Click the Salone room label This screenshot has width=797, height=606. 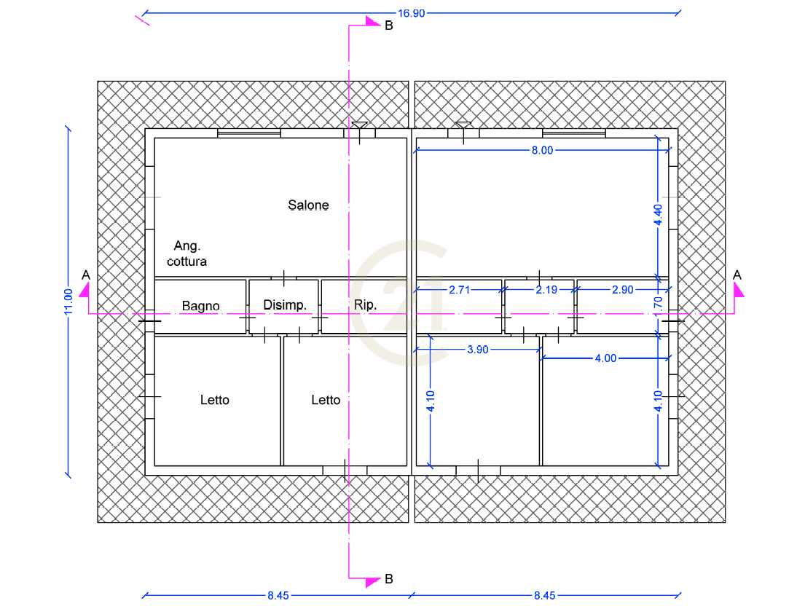tap(308, 205)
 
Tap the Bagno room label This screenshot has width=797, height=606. tap(201, 305)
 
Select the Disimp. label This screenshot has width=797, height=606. tap(285, 304)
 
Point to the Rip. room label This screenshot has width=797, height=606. tap(365, 304)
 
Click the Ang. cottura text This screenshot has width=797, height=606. tap(187, 253)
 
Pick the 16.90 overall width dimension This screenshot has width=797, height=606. tap(411, 13)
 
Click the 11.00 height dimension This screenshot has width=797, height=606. tap(68, 302)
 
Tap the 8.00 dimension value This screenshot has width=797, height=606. tap(542, 150)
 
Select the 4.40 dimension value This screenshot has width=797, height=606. tap(659, 215)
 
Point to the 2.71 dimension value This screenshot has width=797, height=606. tap(459, 290)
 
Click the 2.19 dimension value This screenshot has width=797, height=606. tap(546, 290)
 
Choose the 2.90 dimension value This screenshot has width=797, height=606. tap(623, 290)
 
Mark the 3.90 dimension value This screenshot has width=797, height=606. tap(478, 350)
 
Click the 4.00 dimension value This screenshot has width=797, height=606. tap(605, 358)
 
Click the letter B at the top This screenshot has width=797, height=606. tap(389, 25)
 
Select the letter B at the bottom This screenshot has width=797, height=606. tap(389, 578)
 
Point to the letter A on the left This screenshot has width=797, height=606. tap(86, 275)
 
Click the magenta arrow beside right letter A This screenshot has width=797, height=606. tap(739, 291)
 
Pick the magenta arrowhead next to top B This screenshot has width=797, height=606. tap(372, 21)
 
